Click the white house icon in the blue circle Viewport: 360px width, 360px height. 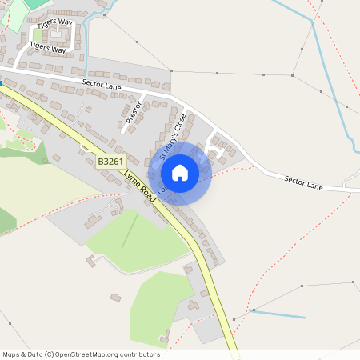(180, 172)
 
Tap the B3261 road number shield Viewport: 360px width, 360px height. (111, 162)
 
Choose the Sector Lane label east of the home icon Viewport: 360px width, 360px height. (303, 182)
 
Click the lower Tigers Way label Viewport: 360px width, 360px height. (47, 46)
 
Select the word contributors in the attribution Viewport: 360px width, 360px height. (138, 354)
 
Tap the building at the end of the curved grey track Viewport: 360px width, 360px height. (91, 259)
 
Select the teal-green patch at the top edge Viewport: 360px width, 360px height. (35, 3)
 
